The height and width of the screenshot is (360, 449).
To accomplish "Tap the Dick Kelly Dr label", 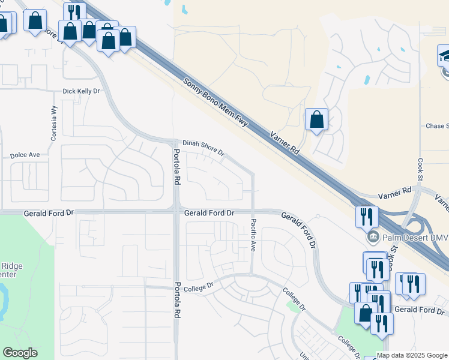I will coord(81,91).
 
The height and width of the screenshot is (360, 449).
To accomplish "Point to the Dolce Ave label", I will coord(25,155).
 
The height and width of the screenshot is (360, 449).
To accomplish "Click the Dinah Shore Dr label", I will coord(203,148).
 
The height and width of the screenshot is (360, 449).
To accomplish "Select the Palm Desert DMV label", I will coord(414,237).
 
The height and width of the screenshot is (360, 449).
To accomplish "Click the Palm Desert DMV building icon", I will coord(373,236).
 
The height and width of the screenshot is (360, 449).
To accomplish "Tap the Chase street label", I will coord(437,126).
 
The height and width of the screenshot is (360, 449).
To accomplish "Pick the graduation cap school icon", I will coord(445,56).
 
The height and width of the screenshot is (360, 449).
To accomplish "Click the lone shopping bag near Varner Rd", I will coord(316,119).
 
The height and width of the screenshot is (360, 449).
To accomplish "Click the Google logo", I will coord(20,353).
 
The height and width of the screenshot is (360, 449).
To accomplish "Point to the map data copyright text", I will coord(412,355).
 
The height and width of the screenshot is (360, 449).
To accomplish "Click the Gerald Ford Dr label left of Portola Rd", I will coord(48,213).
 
